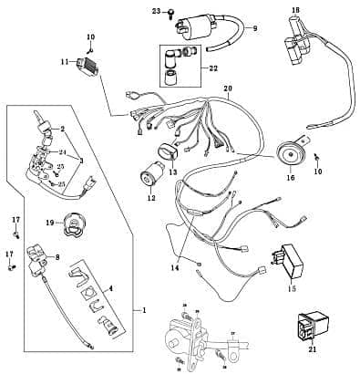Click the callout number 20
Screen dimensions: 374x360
227,90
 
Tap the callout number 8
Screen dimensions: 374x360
58,258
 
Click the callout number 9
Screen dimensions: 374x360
255,28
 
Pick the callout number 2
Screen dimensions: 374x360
62,129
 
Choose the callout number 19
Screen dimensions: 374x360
47,222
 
